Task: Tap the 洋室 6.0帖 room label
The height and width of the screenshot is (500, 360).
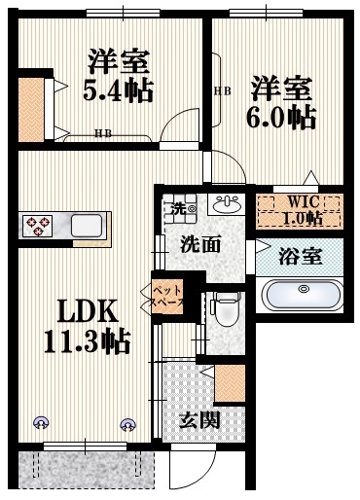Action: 280,102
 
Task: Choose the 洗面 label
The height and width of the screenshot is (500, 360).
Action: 199,244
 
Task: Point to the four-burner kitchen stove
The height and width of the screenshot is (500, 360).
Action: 41,227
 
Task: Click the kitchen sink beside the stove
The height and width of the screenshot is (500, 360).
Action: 86,227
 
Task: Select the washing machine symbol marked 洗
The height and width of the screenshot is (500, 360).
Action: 179,208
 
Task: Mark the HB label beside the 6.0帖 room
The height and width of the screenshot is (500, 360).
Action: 222,90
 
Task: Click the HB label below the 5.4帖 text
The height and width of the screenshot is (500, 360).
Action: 102,133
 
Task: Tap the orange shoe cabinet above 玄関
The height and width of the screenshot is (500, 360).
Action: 229,383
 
